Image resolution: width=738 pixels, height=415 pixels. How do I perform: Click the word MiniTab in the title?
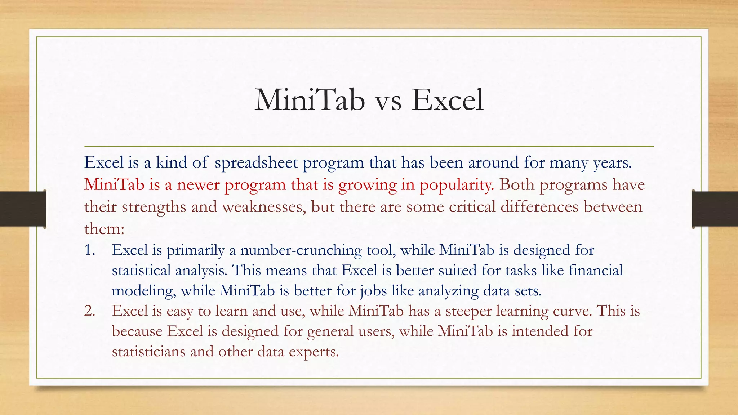point(310,100)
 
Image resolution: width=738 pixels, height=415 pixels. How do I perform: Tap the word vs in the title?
point(388,101)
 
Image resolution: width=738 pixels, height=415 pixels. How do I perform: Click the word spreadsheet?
point(256,163)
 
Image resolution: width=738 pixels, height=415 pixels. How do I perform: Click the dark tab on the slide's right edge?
point(715,209)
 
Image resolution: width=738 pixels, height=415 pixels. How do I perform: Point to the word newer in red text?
point(198,185)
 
